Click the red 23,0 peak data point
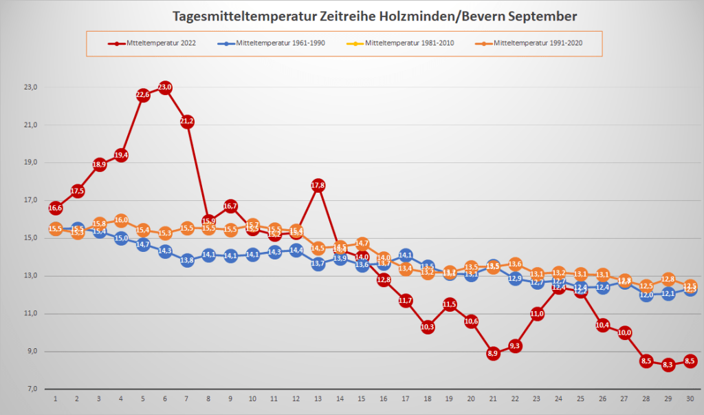click(x=165, y=87)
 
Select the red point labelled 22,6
click(x=143, y=95)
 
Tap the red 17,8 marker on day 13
click(x=318, y=185)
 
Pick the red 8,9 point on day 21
click(x=493, y=353)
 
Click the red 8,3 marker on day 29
click(x=668, y=365)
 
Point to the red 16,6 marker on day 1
click(x=56, y=208)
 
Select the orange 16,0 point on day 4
click(x=121, y=220)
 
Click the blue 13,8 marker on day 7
click(x=187, y=260)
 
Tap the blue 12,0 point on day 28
click(x=646, y=295)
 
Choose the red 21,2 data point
click(x=187, y=122)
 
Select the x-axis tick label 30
click(x=690, y=399)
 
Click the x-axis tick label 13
click(x=318, y=399)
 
